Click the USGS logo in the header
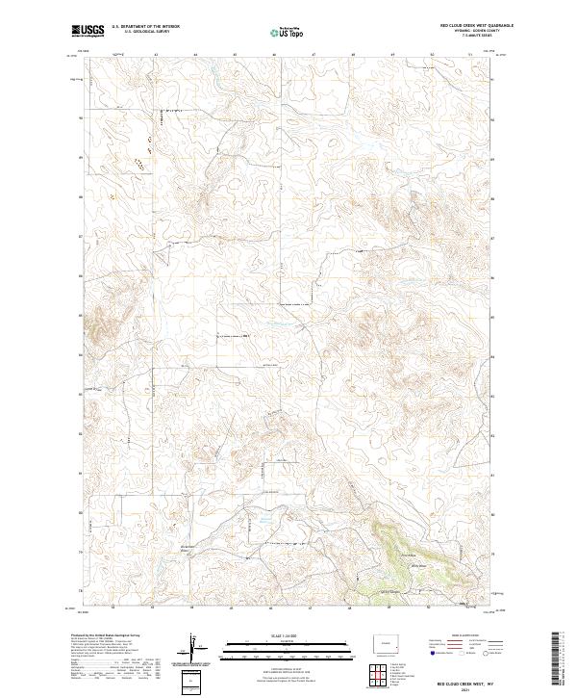[88, 32]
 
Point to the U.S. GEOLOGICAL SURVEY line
[145, 33]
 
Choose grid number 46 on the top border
[274, 55]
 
